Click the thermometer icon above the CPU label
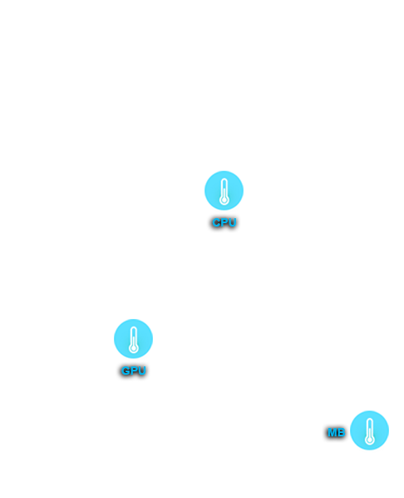(x=224, y=191)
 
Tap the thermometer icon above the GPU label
(x=133, y=339)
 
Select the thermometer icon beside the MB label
(x=369, y=431)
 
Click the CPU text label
(x=224, y=222)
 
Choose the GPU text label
(x=134, y=371)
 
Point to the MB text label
(x=336, y=432)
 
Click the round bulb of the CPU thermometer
(x=224, y=201)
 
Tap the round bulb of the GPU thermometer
(x=134, y=348)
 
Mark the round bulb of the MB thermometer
(x=369, y=441)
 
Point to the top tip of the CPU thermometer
(x=224, y=179)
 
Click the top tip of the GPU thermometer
(x=134, y=326)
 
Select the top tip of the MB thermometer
(x=369, y=419)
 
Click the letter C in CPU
(x=217, y=222)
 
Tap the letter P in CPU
(x=224, y=222)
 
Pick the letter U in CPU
(x=232, y=222)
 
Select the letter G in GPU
(x=126, y=371)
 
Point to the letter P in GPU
(x=134, y=371)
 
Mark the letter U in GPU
(x=141, y=371)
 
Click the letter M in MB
(x=332, y=432)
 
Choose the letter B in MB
(x=341, y=432)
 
